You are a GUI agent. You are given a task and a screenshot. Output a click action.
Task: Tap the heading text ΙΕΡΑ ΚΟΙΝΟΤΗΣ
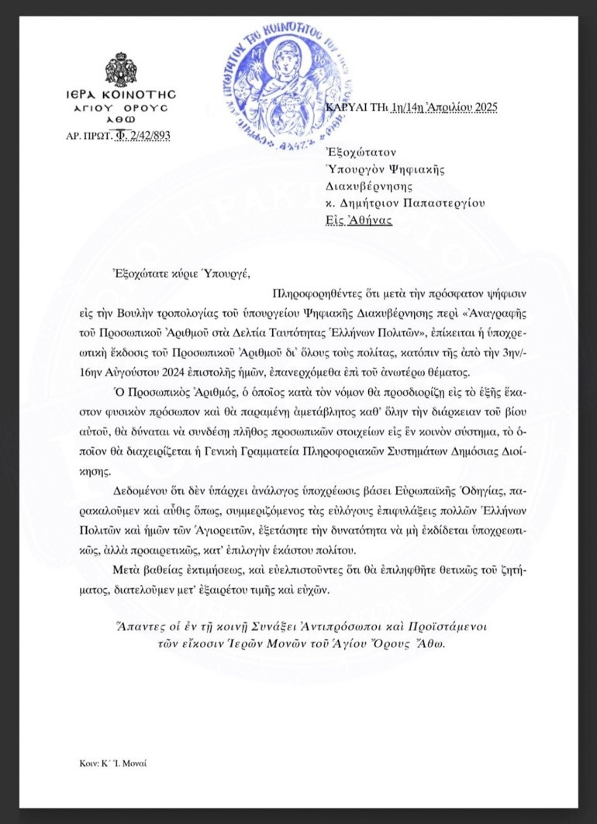[x=120, y=93]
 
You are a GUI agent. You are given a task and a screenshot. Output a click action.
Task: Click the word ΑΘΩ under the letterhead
[x=120, y=120]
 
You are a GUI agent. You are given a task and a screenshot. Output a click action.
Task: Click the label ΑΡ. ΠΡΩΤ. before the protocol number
[x=89, y=136]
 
